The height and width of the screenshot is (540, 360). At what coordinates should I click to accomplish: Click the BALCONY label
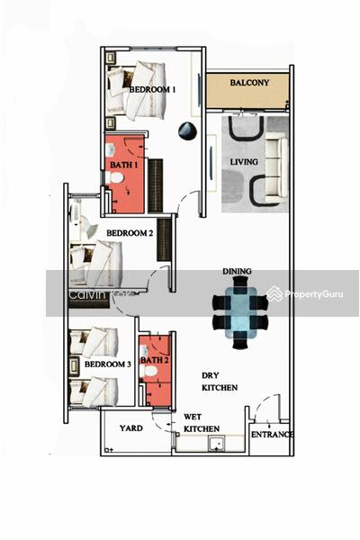point(249,83)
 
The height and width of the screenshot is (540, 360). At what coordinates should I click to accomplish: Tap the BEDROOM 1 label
point(152,89)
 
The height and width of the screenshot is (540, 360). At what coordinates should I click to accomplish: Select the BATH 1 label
point(124,165)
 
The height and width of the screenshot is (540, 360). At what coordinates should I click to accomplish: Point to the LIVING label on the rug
point(244,161)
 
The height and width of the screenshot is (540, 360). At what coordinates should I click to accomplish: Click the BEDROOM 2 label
point(130,233)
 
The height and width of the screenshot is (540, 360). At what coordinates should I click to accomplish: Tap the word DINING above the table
point(237,272)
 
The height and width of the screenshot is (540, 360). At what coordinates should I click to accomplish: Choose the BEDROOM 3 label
point(108,364)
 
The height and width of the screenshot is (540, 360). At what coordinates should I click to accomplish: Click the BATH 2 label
point(155,360)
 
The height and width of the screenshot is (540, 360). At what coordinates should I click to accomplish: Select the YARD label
point(131,428)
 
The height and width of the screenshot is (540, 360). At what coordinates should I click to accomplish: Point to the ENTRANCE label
point(272,435)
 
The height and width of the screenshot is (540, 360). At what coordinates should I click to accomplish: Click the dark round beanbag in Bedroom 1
point(188,131)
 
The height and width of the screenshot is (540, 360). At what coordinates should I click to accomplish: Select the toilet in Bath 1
point(114,177)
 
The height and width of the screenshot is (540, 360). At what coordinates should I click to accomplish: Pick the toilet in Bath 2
point(148,371)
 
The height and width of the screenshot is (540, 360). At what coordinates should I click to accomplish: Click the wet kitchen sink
point(217,443)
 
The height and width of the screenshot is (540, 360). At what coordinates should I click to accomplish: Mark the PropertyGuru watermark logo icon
point(274,293)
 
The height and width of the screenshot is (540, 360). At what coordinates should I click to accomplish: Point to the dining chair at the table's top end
point(240,283)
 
